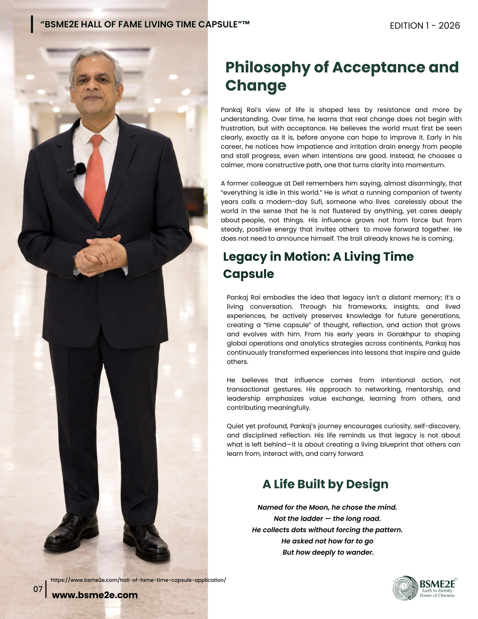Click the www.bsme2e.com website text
[95, 595]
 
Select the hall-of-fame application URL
[138, 580]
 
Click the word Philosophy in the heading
[268, 67]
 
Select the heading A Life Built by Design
[325, 484]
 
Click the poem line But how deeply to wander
[328, 553]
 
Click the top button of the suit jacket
[99, 234]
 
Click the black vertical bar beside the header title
[32, 24]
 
